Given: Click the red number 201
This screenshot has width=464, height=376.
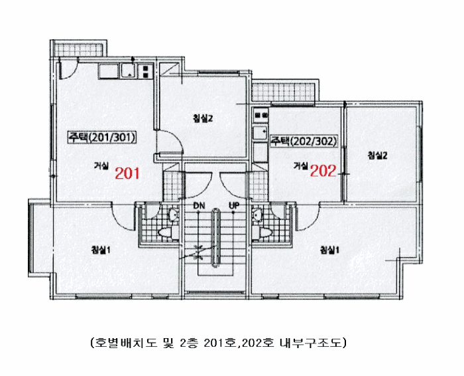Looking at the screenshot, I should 127,174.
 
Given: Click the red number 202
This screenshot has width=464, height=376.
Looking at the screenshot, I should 323,171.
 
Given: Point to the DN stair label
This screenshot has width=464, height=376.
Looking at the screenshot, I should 199,206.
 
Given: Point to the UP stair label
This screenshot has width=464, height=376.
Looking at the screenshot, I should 234,206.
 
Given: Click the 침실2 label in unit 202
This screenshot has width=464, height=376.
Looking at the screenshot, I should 377,155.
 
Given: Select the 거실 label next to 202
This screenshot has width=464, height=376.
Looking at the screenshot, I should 301,165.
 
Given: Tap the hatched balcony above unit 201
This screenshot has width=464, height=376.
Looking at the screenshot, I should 68,48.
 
